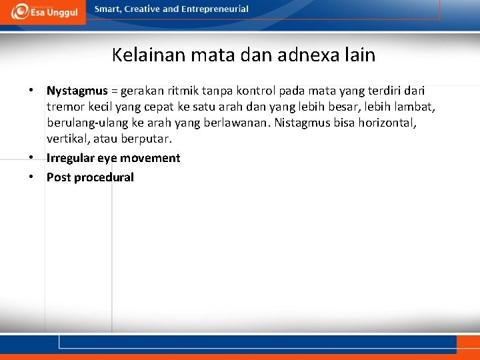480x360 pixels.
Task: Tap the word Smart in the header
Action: tap(108, 9)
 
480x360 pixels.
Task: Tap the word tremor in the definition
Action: tap(65, 107)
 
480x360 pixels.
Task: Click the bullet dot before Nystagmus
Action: tap(31, 90)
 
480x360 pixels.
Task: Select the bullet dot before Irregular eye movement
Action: tap(31, 158)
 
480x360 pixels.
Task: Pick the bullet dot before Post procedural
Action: tap(31, 177)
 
